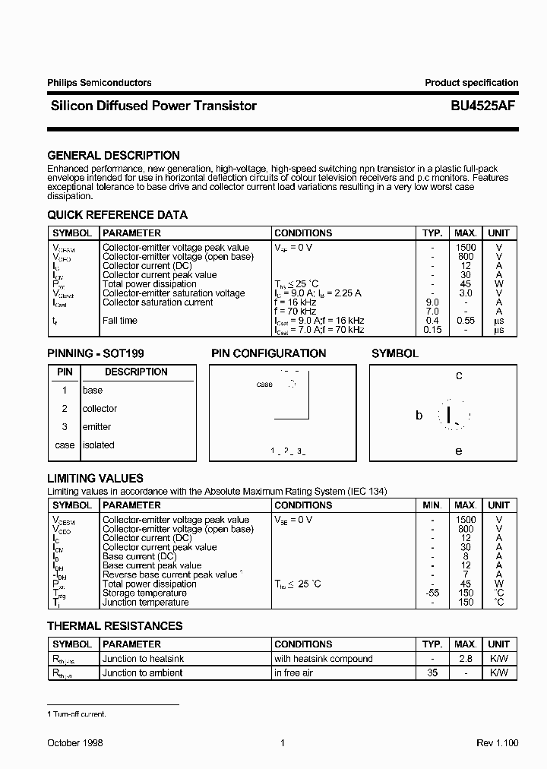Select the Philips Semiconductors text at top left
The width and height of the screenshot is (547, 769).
point(99,83)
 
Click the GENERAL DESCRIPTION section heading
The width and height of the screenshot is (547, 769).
point(113,156)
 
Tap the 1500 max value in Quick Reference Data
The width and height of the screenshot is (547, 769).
point(466,248)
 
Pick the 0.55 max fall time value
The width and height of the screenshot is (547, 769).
point(466,321)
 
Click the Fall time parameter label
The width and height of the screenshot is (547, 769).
point(120,321)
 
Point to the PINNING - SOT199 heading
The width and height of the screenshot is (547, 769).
point(95,353)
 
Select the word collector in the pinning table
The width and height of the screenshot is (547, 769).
point(100,409)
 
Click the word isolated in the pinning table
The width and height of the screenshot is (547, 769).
point(98,445)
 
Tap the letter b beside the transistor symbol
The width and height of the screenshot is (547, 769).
point(419,416)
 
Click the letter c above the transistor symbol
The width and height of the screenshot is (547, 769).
point(459,375)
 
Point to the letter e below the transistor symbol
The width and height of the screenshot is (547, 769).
point(459,451)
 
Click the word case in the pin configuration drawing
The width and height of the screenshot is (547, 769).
point(264,384)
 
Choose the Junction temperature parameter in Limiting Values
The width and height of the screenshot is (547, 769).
point(145,603)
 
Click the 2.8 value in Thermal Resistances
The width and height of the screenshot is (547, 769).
point(466,659)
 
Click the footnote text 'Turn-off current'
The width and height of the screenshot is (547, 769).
point(79,714)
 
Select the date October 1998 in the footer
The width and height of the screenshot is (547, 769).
point(75,743)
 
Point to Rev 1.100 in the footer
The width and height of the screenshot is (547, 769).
point(497,743)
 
